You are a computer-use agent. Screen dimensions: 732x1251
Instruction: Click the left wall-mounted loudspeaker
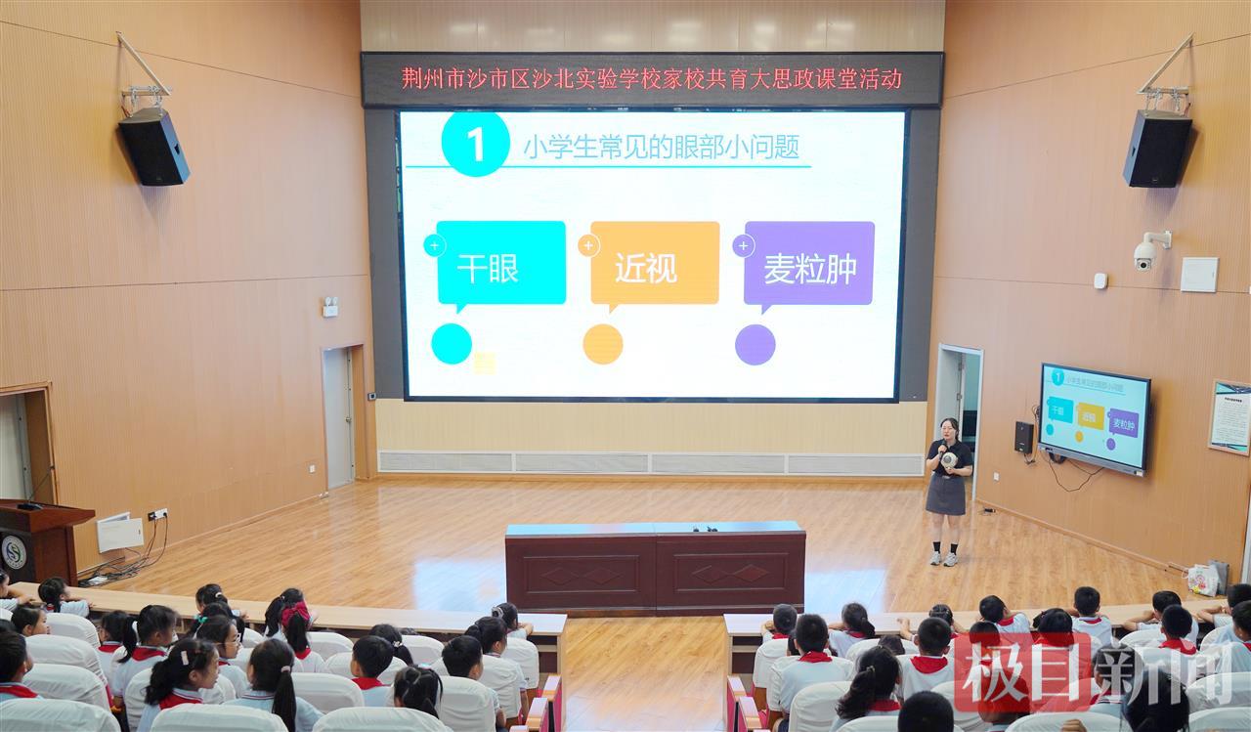(x=153, y=146)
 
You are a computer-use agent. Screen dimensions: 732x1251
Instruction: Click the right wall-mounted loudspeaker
(x=1157, y=148)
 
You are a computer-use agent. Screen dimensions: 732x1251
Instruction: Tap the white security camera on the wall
(x=1146, y=252)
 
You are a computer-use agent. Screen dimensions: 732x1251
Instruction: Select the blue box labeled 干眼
(x=500, y=263)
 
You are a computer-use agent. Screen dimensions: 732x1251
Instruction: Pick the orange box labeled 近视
(x=655, y=263)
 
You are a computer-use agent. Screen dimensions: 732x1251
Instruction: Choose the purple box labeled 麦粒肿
(x=809, y=263)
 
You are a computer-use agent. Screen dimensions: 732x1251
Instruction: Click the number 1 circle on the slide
(x=475, y=144)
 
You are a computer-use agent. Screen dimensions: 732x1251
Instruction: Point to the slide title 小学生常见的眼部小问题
(x=662, y=147)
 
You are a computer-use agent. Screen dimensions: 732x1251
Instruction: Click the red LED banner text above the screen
(x=652, y=78)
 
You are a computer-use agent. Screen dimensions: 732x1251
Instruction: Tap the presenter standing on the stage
(x=948, y=489)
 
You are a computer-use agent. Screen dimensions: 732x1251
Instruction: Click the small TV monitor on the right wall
(x=1094, y=418)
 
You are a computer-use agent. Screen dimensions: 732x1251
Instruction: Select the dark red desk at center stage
(x=655, y=567)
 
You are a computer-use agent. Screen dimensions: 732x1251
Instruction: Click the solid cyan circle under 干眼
(x=452, y=344)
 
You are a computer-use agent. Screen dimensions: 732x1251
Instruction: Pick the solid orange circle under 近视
(x=603, y=344)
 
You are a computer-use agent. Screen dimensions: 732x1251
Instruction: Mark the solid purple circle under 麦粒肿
(x=755, y=344)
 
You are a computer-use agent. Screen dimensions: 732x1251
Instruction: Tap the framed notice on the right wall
(x=1229, y=417)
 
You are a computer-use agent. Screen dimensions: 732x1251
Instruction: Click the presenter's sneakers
(x=942, y=559)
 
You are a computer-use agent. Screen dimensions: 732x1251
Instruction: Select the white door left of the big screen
(x=338, y=417)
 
